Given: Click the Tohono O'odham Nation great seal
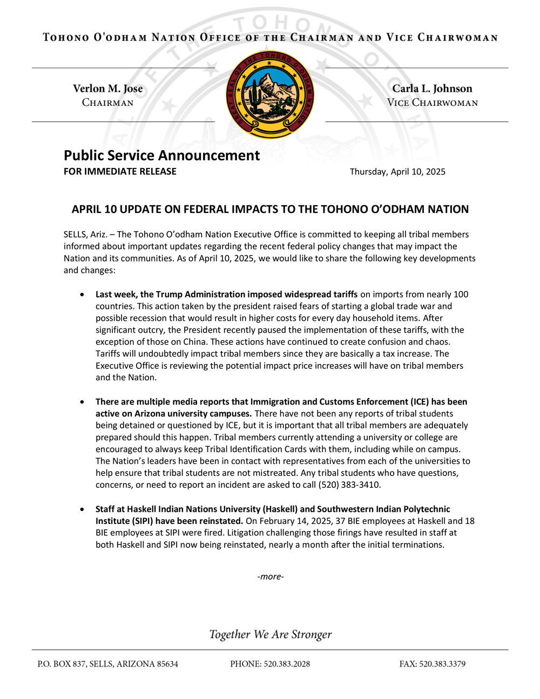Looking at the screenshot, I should click(270, 95).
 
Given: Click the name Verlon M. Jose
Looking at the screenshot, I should click(108, 89).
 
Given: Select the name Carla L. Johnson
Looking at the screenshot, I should click(432, 89).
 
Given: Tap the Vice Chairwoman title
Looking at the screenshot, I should click(432, 103).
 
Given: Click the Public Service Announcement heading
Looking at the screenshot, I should click(161, 156).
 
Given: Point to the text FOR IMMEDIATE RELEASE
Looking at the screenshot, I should click(120, 172).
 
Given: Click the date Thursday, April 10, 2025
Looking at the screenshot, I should click(397, 172).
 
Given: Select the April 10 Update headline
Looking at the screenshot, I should click(270, 210).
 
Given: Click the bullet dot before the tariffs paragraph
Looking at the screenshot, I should click(82, 295).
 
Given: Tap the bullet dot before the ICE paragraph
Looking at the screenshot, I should click(82, 402).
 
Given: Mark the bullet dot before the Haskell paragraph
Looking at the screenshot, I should click(82, 509).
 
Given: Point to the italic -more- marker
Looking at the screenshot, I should click(271, 576).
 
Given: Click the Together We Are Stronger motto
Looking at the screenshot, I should click(271, 635).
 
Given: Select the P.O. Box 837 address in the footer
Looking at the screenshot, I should click(107, 664).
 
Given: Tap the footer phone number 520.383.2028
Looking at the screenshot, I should click(286, 664).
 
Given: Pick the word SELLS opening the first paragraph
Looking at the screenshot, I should click(75, 234).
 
